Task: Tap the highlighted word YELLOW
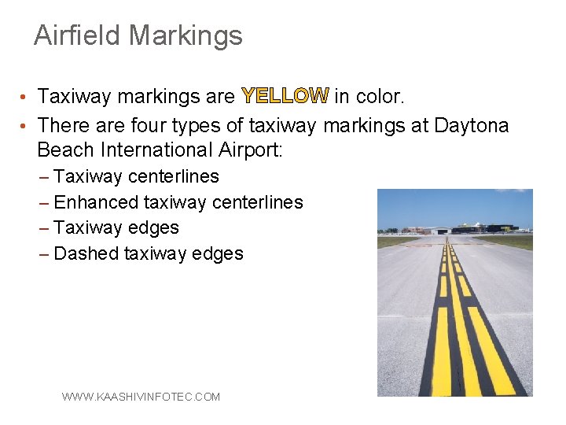(285, 97)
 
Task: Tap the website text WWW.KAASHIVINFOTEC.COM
(141, 397)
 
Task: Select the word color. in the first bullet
(380, 97)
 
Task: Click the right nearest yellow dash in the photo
(491, 350)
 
